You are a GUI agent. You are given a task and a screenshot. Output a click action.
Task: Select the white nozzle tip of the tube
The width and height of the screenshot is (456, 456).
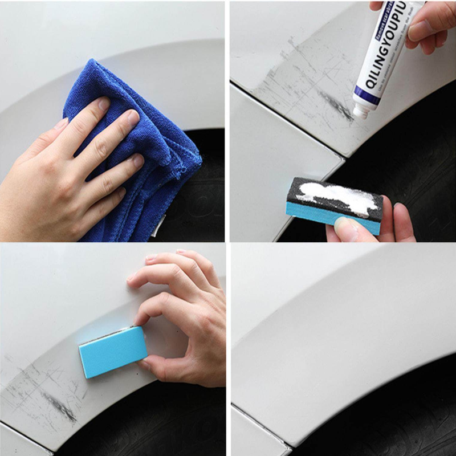(x=360, y=112)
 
